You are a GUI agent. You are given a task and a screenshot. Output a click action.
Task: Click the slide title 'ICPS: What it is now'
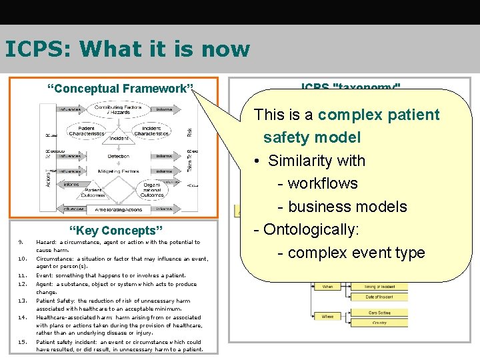[127, 49]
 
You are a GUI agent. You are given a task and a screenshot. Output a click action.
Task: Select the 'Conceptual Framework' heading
[120, 89]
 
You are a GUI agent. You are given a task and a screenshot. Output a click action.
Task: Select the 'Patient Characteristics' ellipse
[86, 130]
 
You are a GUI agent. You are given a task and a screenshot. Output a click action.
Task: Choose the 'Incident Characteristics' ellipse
[152, 130]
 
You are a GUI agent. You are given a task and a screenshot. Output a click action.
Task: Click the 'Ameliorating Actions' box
[118, 209]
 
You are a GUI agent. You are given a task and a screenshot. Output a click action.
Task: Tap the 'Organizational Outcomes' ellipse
[153, 189]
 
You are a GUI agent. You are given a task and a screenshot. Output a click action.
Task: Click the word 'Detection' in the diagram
[118, 157]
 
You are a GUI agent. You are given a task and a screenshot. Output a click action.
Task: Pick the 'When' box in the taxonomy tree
[327, 286]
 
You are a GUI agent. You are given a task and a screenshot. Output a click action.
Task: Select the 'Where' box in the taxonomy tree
[327, 317]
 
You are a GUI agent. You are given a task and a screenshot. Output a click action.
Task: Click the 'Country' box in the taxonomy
[379, 322]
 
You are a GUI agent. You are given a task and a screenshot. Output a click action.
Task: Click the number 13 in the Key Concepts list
[22, 301]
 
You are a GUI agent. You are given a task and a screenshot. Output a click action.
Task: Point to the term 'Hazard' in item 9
[46, 243]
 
